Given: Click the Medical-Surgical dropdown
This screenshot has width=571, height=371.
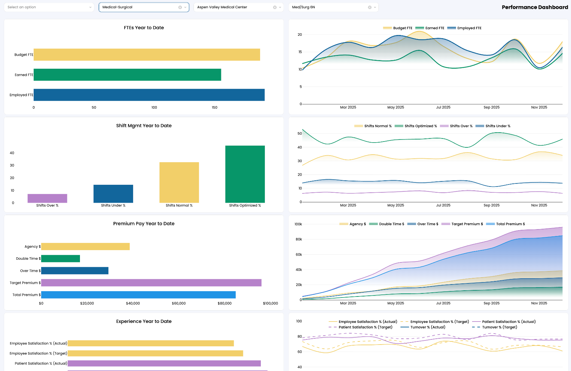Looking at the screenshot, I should (x=139, y=7).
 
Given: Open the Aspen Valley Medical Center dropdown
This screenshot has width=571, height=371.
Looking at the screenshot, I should (x=233, y=7).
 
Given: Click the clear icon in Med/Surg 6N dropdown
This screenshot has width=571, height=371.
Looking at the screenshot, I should (x=370, y=7).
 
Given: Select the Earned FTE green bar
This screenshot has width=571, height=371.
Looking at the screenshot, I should (x=127, y=75).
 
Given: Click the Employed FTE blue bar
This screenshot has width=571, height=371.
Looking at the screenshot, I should (x=149, y=95).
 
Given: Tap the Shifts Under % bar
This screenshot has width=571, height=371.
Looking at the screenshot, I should (x=113, y=194).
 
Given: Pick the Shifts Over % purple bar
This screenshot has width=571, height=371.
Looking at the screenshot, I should (x=47, y=198).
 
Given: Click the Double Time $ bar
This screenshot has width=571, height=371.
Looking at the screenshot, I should (x=60, y=259).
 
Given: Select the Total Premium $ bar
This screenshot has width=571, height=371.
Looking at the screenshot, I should (x=138, y=295).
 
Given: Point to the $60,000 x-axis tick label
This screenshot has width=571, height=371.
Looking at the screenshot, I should (x=179, y=303).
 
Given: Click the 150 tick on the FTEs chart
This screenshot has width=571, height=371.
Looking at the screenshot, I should (x=214, y=108).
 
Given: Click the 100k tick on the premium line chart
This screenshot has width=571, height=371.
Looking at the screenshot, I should (x=298, y=224).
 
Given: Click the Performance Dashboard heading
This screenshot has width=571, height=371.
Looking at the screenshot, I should (x=535, y=7).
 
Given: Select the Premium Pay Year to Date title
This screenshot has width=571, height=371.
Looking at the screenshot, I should (x=144, y=224).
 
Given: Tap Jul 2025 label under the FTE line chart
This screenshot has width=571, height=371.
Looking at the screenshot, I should (x=443, y=107).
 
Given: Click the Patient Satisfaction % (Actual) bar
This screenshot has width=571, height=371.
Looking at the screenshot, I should (x=164, y=363).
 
